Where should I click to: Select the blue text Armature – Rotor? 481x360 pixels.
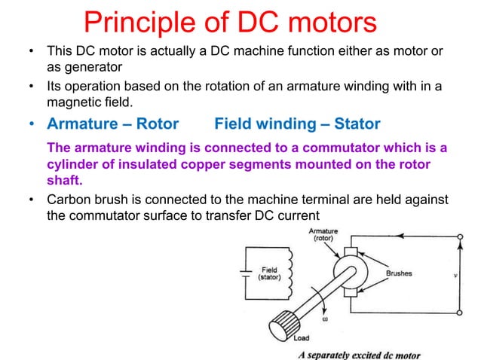click(x=112, y=124)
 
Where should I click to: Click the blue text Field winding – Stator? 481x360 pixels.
click(x=297, y=124)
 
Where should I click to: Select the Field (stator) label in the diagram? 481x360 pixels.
click(x=269, y=273)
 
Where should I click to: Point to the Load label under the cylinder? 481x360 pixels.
click(x=302, y=338)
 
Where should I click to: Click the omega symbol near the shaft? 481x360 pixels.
click(x=326, y=319)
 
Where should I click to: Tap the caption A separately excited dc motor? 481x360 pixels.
click(x=359, y=354)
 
